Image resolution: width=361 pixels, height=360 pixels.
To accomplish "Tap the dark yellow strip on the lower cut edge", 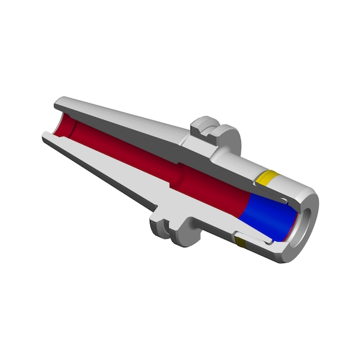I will point(240,240).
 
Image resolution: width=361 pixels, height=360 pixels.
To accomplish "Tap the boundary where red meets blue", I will point(248,207).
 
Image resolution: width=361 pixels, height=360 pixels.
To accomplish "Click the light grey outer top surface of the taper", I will point(125,116).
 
